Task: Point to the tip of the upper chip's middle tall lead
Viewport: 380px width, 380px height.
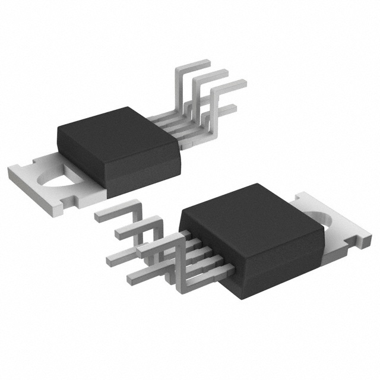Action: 221,73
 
